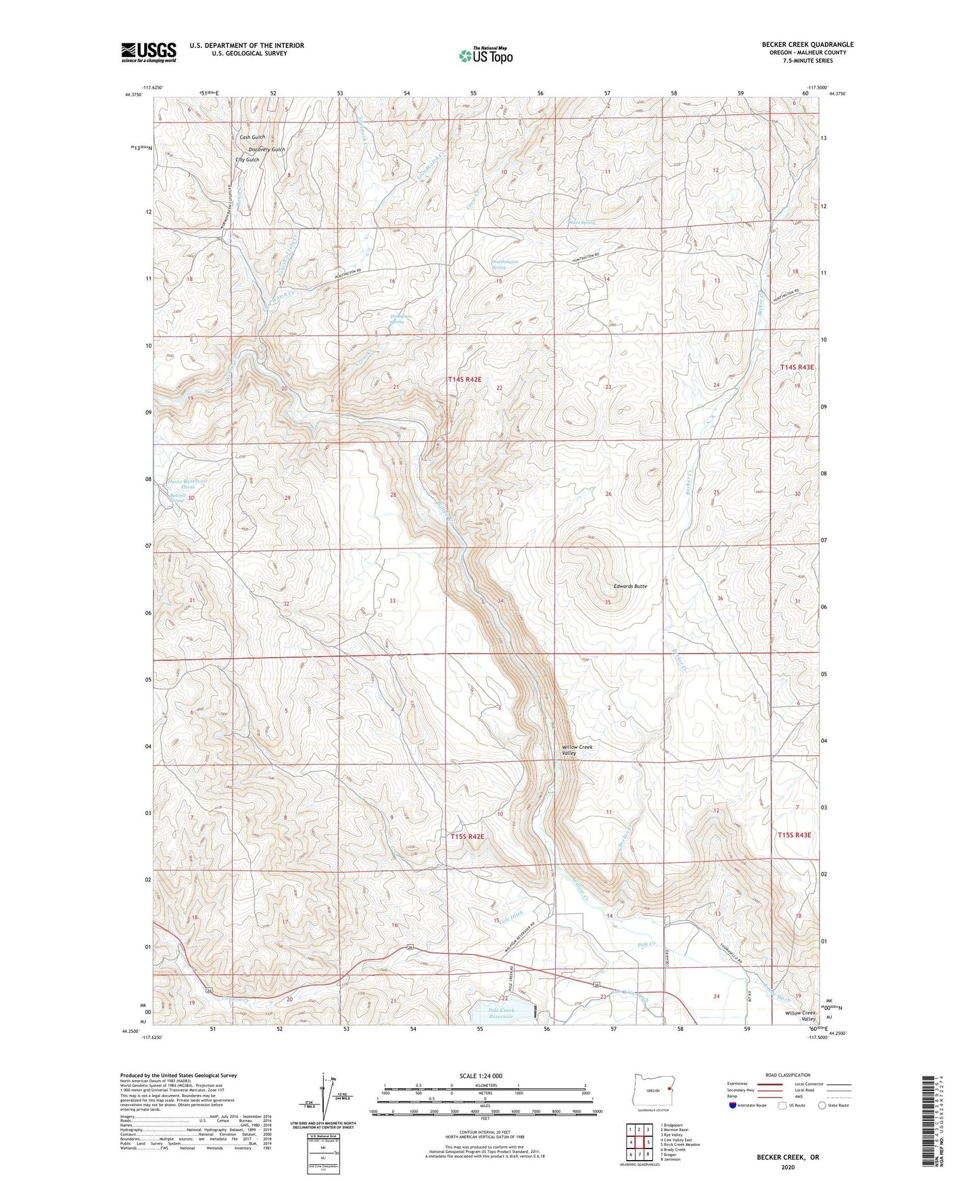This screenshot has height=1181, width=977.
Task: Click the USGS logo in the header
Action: click(149, 52)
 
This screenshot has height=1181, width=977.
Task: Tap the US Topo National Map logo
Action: click(485, 55)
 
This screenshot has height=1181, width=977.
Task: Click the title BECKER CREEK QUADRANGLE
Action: click(807, 45)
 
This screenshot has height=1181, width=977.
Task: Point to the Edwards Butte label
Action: click(630, 586)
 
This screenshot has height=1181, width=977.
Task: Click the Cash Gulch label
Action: click(252, 137)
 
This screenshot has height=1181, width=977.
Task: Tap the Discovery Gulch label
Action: click(266, 149)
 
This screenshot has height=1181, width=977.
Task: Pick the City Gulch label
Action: click(247, 160)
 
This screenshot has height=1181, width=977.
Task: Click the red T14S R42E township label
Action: click(464, 380)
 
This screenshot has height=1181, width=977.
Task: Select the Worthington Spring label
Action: click(505, 264)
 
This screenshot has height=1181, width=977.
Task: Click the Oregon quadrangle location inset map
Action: click(652, 1090)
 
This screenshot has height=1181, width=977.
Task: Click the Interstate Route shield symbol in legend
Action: click(733, 1105)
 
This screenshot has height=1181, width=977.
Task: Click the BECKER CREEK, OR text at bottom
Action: click(788, 1157)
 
